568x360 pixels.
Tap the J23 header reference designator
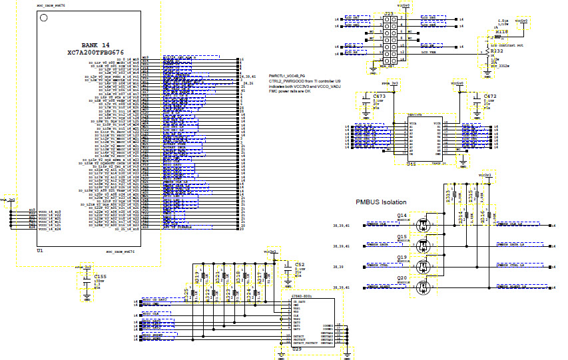pos(388,13)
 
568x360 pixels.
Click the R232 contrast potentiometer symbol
pos(488,50)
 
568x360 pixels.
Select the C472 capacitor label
pos(490,96)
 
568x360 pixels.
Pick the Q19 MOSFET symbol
pos(422,267)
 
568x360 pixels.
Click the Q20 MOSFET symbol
pos(422,287)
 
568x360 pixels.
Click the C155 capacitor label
pos(99,275)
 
